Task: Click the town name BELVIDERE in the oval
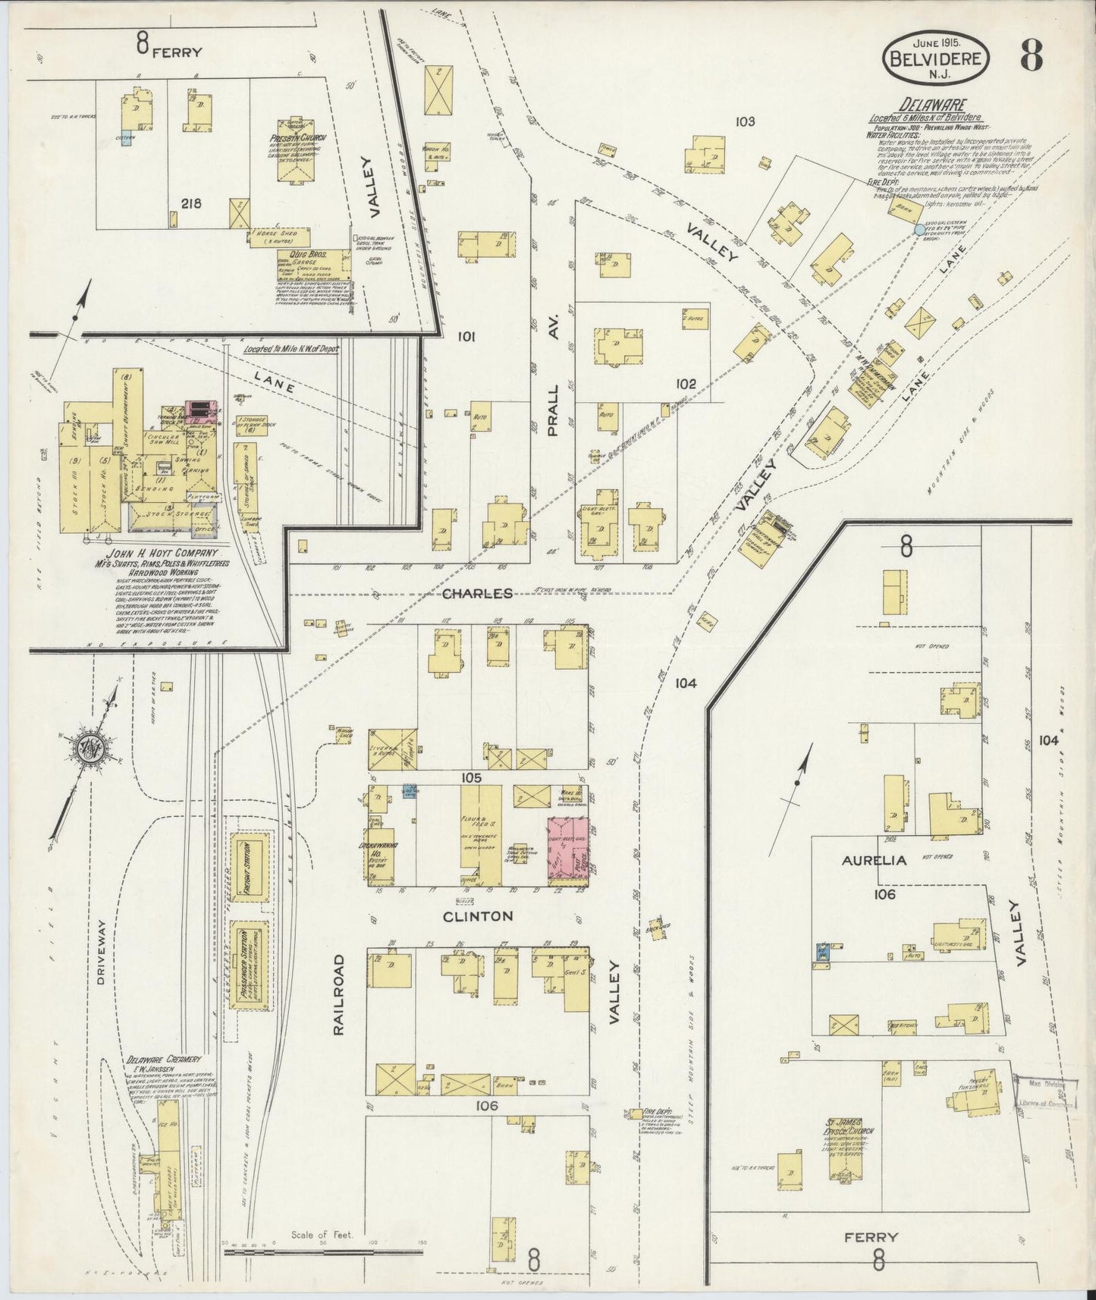click(x=935, y=57)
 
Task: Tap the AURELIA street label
click(x=863, y=860)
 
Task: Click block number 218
click(x=191, y=203)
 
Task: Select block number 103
click(x=745, y=121)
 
